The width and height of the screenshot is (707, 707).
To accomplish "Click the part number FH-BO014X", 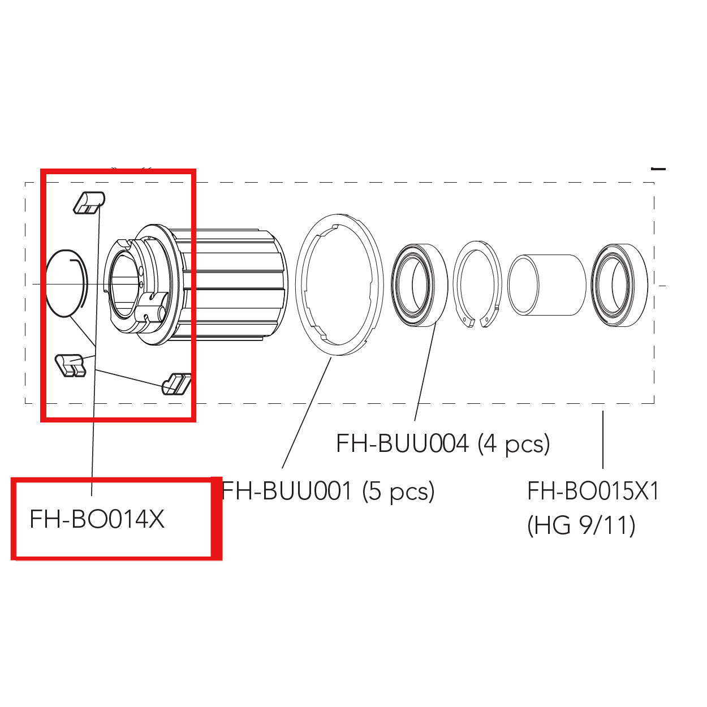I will click(x=97, y=519).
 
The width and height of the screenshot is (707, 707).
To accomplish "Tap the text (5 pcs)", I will click(x=398, y=491).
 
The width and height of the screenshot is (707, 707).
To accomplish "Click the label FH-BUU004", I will click(x=402, y=443).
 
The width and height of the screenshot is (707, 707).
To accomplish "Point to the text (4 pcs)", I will click(x=514, y=444).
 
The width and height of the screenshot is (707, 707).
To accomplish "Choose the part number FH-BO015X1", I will click(x=593, y=491).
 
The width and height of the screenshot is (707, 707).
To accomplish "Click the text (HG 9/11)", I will click(x=581, y=526).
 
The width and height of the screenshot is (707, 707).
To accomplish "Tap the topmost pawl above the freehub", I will click(x=89, y=202).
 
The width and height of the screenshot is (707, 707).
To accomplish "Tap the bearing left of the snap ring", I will click(x=420, y=284).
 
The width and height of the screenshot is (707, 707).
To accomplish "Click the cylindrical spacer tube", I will click(x=546, y=284).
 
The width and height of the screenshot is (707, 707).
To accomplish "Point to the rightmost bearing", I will click(x=619, y=284).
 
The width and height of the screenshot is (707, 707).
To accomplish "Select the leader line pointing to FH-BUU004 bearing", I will click(x=424, y=373).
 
